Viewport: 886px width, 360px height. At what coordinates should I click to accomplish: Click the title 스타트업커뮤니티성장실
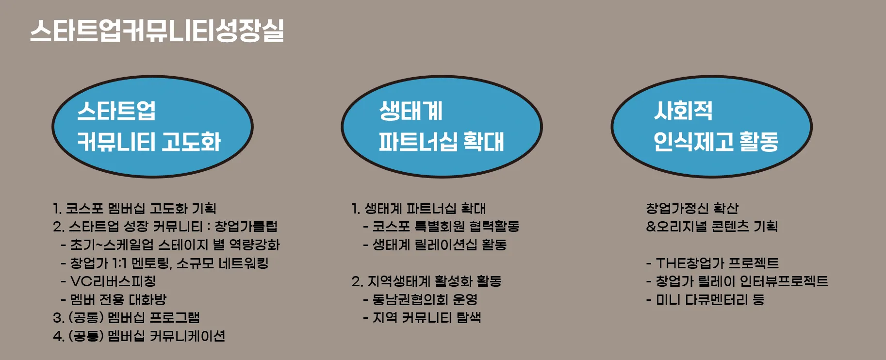pyautogui.click(x=157, y=31)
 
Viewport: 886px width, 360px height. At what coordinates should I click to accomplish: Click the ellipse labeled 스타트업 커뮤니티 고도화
pyautogui.click(x=152, y=127)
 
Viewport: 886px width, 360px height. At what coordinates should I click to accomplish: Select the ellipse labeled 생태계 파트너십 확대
pyautogui.click(x=442, y=127)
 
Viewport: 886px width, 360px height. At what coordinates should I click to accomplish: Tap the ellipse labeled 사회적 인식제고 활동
pyautogui.click(x=711, y=127)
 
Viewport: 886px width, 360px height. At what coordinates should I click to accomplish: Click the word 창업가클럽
pyautogui.click(x=246, y=227)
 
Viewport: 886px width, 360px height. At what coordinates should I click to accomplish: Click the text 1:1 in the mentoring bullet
pyautogui.click(x=119, y=263)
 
